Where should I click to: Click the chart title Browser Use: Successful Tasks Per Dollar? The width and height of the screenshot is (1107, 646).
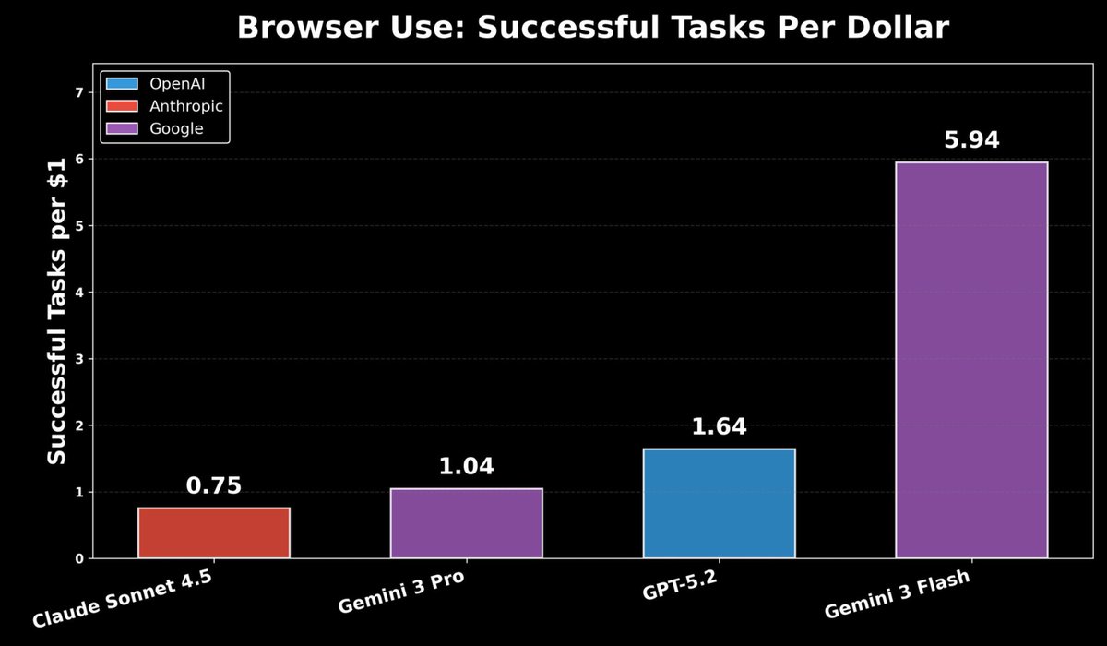[592, 28]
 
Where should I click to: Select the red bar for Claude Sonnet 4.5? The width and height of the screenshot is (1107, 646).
[214, 532]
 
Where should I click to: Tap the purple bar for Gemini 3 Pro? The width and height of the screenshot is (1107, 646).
[466, 523]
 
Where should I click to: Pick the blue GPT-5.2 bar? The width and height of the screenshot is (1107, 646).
[719, 503]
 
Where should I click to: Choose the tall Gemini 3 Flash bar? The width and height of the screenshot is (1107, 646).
[971, 360]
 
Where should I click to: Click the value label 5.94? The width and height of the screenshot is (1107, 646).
[971, 140]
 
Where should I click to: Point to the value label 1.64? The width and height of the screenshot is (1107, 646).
[719, 427]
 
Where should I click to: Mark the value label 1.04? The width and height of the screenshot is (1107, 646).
[466, 467]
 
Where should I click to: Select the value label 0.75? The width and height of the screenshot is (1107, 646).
[214, 486]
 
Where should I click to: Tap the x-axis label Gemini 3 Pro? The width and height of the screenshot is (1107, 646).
[400, 592]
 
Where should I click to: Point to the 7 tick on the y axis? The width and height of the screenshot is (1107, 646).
[79, 92]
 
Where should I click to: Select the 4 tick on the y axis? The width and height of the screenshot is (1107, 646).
[79, 293]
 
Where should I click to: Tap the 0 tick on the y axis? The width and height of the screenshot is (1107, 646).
[79, 558]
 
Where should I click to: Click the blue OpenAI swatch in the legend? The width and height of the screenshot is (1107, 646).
[121, 84]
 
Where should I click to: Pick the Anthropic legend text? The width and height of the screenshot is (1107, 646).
[186, 106]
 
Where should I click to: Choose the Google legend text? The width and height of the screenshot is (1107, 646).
[176, 129]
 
